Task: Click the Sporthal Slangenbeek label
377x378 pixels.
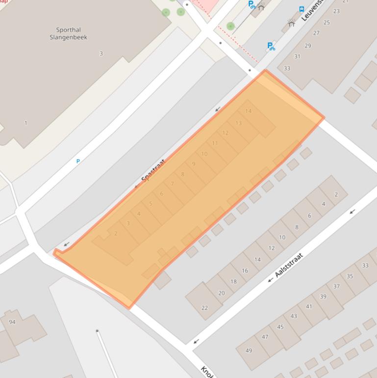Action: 68,33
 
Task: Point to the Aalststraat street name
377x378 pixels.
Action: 289,265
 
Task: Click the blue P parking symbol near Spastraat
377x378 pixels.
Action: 78,161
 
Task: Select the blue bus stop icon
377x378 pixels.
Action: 302,9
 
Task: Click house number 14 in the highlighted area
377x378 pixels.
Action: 248,111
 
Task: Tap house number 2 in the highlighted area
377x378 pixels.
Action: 116,233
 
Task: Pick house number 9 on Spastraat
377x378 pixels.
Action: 194,164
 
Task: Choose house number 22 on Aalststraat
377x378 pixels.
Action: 204,308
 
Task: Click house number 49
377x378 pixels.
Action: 249,350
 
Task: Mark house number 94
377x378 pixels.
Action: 12,322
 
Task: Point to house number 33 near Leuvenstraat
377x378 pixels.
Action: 287,68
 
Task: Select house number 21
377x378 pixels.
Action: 346,1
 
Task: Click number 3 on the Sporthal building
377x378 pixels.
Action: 101,54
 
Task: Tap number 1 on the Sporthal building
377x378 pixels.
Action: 26,123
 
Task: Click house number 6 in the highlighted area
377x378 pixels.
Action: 161,193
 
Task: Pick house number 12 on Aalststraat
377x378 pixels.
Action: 272,248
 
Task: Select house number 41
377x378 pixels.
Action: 309,306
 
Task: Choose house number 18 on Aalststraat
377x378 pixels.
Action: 233,281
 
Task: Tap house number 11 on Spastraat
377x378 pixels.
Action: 215,143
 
